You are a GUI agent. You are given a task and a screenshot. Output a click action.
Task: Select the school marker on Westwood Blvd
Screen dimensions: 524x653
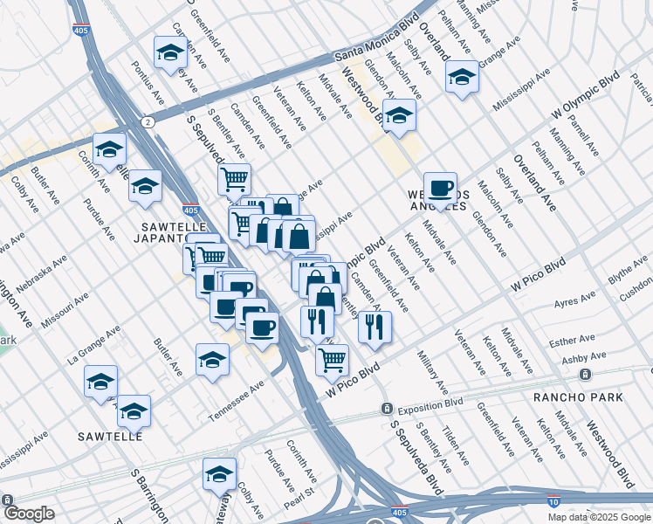399,115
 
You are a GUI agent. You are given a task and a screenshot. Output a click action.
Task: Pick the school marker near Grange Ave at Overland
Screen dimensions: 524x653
462,76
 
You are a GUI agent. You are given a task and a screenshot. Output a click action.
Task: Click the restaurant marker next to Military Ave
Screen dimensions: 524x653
375,326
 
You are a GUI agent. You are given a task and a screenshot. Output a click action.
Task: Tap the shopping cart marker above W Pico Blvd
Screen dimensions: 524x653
332,357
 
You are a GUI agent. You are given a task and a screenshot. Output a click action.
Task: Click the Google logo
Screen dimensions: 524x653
29,514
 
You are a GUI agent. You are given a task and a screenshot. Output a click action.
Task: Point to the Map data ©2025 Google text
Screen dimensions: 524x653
599,517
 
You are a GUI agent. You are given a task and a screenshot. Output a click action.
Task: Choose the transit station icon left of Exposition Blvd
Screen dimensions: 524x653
386,409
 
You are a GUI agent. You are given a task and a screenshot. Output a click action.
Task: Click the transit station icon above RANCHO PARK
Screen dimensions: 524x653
584,374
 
